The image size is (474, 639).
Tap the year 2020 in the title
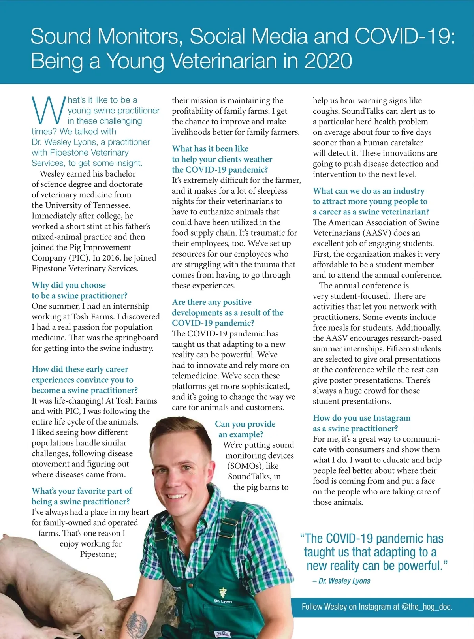(x=328, y=61)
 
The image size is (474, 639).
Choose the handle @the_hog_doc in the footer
(x=427, y=607)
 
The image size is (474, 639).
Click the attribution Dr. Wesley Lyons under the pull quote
(x=344, y=581)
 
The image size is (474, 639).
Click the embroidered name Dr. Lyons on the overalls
(x=223, y=601)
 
